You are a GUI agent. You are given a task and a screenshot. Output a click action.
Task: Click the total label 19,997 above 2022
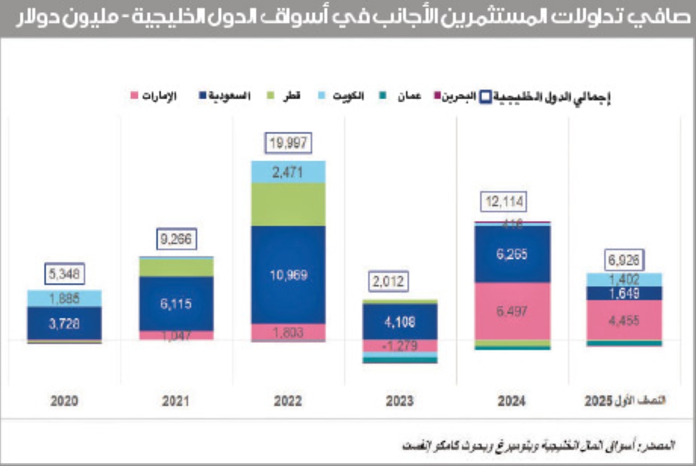tap(288, 143)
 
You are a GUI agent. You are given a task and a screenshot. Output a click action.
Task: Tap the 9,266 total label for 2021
tap(176, 239)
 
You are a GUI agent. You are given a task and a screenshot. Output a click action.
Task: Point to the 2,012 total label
tap(388, 283)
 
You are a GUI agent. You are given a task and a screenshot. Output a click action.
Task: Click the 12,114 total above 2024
tap(502, 203)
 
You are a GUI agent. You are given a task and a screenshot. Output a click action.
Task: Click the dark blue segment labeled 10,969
tap(288, 275)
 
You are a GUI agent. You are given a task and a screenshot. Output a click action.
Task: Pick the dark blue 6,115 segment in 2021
tap(176, 304)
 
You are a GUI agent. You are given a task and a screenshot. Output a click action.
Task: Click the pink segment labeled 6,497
tap(512, 312)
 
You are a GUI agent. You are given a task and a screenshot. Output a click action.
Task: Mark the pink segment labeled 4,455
tap(623, 320)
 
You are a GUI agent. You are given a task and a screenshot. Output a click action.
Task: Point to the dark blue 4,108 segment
tap(400, 321)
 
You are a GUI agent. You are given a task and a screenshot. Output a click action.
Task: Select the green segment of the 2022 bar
tap(288, 204)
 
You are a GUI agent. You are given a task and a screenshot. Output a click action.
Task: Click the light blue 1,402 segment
tap(623, 279)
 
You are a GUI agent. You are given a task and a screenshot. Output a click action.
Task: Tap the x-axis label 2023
tap(400, 401)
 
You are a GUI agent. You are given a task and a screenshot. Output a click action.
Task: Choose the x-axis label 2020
tap(64, 401)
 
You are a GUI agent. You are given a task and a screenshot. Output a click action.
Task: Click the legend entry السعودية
tap(225, 95)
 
